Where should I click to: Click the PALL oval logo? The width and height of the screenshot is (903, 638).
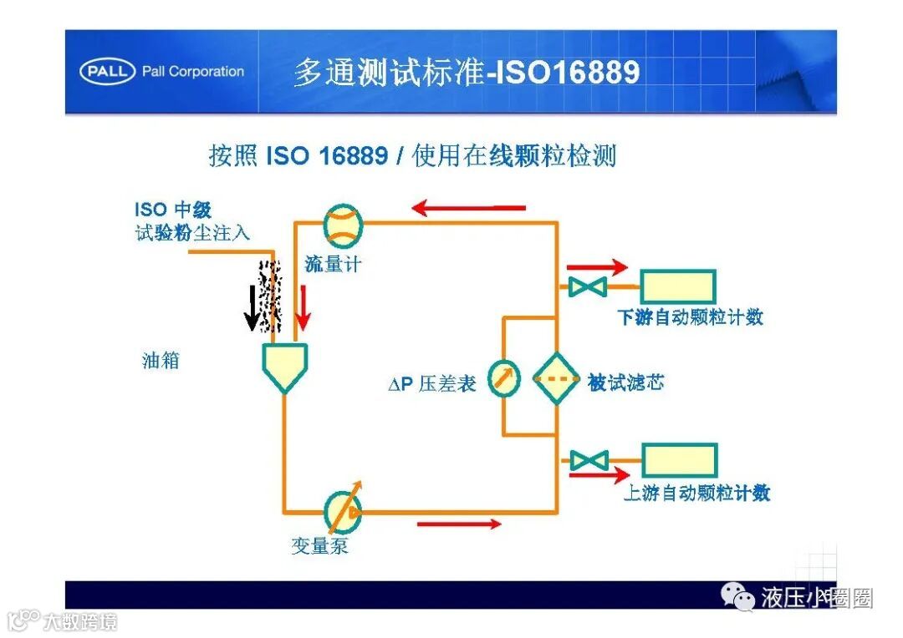pos(108,72)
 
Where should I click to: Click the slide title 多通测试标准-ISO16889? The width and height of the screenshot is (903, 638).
pos(466,73)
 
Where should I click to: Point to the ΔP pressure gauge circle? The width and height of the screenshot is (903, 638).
pos(503,379)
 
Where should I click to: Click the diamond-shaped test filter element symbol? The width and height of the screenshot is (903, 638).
pos(557,379)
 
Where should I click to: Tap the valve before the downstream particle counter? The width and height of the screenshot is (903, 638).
pos(588,287)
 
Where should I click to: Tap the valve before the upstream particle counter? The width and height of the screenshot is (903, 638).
pos(589,461)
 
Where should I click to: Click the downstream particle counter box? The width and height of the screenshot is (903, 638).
pos(677,286)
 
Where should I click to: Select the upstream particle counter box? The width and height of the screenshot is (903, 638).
pos(678,461)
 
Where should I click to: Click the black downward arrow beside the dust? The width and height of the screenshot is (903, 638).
pos(251,308)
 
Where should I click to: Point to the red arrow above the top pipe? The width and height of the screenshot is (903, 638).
pos(470,207)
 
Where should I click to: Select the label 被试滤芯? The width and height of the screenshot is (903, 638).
pos(625,383)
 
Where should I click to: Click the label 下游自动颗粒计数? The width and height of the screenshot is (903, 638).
pos(690,317)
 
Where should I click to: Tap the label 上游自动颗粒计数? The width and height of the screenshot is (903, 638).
pos(696,493)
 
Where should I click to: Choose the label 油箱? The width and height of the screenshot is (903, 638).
pos(161,362)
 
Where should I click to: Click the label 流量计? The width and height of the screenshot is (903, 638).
pos(333,264)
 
